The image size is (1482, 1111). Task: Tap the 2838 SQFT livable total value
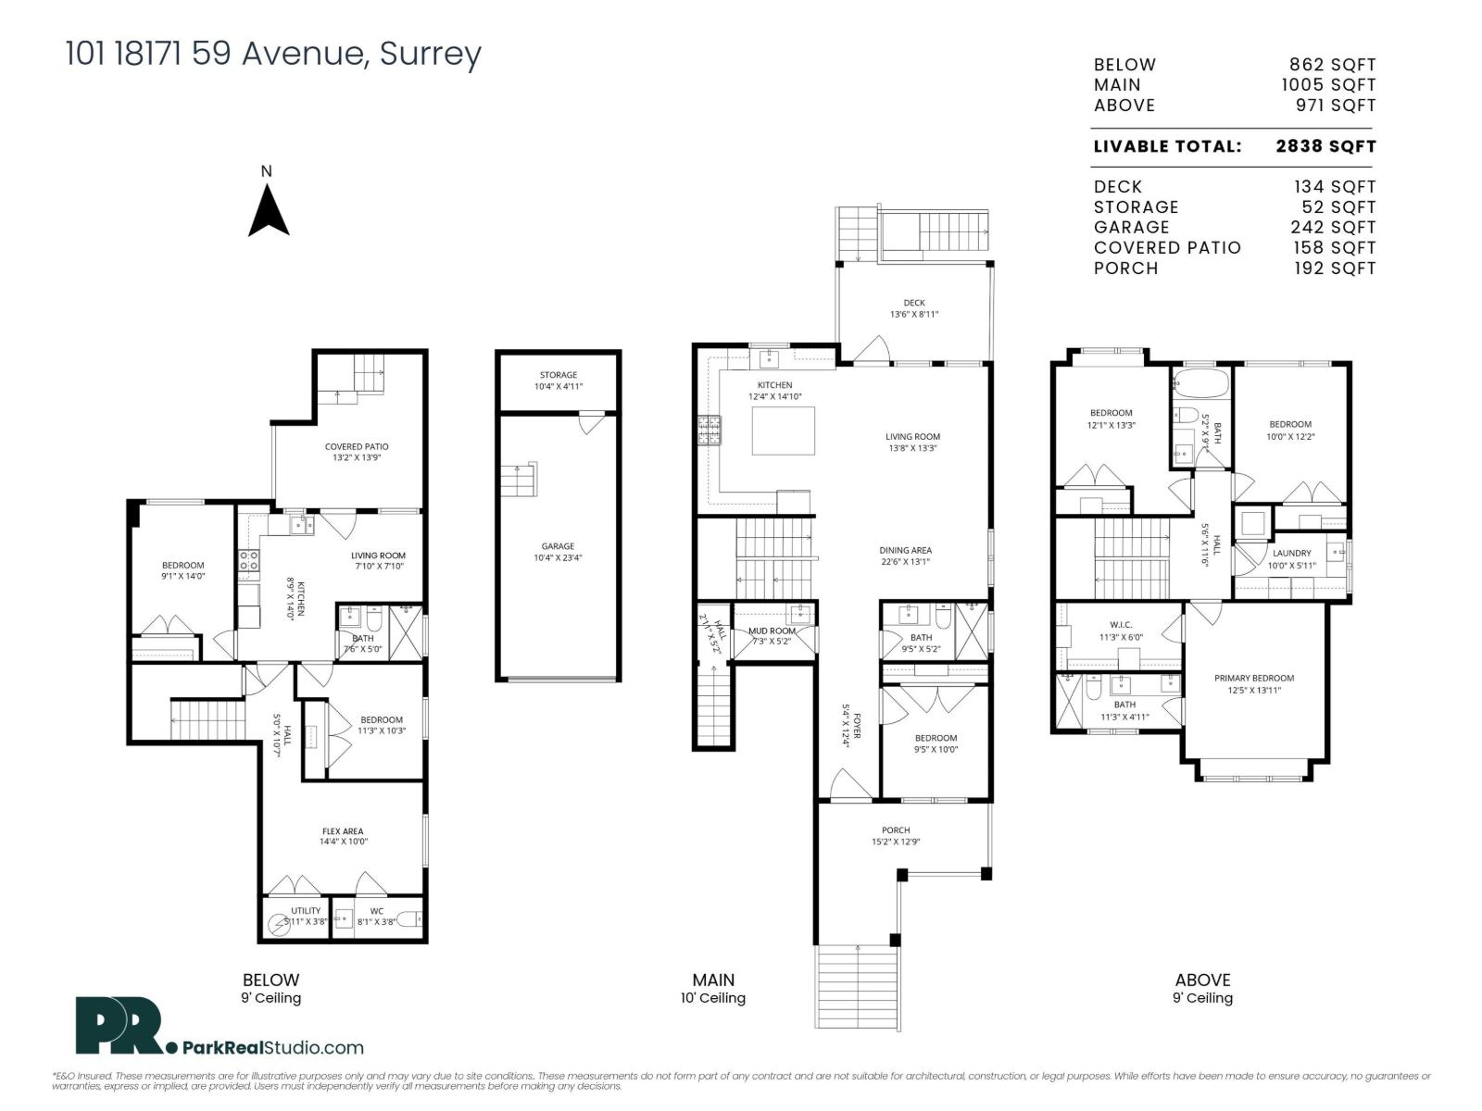coord(1325,146)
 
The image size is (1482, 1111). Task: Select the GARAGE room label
coord(558,546)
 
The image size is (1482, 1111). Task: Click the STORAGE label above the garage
coord(558,375)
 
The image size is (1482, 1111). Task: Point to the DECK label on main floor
coord(914,303)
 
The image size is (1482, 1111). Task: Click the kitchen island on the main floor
coord(783,431)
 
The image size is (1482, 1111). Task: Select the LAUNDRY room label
coord(1291,553)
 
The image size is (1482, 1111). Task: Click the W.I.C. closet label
coord(1121,625)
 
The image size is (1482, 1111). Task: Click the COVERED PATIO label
coord(357,446)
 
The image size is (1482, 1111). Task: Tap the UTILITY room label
coord(306,911)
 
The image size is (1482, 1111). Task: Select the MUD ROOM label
coord(772,630)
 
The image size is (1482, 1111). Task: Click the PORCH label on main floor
coord(896,830)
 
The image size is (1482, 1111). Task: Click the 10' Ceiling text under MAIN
coord(713,998)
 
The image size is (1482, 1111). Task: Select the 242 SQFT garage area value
coord(1333,228)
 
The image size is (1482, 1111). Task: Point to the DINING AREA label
coord(905,550)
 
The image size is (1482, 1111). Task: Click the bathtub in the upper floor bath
coord(1200,381)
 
